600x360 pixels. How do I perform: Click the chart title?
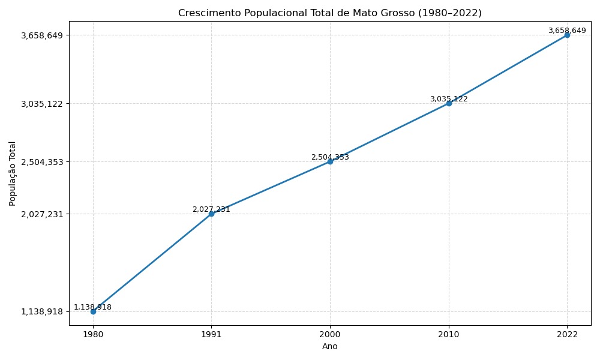[330, 13]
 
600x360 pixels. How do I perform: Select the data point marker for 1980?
[93, 311]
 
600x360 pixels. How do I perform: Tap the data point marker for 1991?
[211, 214]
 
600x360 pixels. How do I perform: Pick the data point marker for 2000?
[330, 161]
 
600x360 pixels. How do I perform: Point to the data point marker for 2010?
[449, 103]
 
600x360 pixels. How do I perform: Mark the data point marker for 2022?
[567, 35]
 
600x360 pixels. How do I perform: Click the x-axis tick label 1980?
[93, 334]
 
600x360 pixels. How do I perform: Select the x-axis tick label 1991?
[211, 334]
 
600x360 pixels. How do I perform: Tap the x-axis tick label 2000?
[330, 334]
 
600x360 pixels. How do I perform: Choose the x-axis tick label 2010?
[449, 334]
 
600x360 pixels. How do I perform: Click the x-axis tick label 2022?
[567, 334]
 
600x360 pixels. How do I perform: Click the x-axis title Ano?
[330, 346]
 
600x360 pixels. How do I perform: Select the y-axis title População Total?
[13, 173]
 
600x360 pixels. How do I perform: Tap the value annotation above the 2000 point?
[330, 157]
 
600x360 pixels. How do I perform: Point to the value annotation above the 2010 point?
[449, 99]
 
